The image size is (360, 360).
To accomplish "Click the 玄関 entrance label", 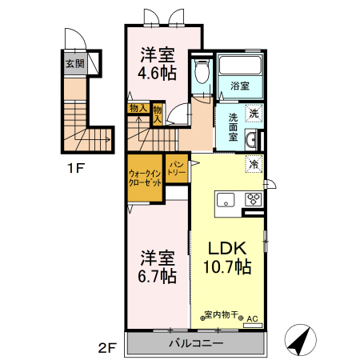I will (74, 63).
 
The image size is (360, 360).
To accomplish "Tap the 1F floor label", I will (75, 170).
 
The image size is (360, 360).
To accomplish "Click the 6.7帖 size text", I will (158, 277).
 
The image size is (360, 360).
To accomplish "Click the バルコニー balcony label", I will (195, 343).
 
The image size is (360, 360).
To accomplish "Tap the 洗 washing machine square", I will (253, 114).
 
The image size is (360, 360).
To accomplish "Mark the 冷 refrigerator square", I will (254, 165).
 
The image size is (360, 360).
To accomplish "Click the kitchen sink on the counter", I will (224, 200).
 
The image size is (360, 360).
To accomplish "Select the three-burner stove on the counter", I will (253, 200).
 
